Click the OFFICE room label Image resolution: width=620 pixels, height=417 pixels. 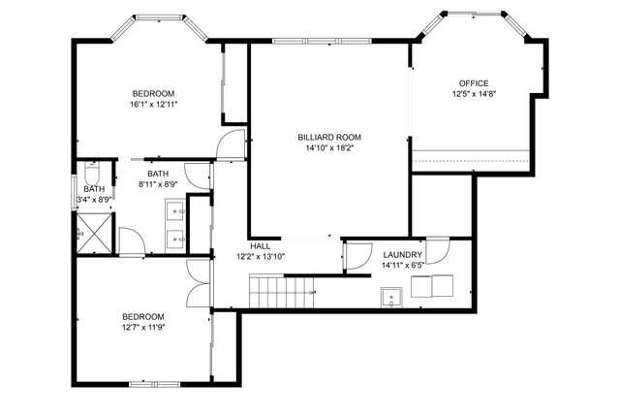[474, 83]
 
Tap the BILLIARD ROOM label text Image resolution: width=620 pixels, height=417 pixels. [329, 138]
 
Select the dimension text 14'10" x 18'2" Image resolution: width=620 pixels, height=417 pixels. [329, 148]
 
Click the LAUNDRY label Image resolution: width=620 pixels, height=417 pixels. [403, 255]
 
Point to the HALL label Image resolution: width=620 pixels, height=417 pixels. [261, 246]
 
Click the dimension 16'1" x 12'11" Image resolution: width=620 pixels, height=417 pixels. [153, 105]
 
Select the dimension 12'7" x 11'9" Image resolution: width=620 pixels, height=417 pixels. [143, 328]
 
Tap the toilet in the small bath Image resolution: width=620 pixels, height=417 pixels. [92, 173]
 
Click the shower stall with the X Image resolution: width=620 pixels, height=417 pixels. [94, 233]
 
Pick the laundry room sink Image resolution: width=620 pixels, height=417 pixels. [391, 298]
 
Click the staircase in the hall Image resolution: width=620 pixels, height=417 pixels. [281, 291]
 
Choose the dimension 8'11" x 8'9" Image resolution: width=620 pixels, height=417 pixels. [158, 184]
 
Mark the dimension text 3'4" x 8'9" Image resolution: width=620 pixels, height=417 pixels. [94, 200]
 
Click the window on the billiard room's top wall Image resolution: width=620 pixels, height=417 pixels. [322, 41]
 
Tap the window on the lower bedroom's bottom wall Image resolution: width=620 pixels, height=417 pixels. [155, 384]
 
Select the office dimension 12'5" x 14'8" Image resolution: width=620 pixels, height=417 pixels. [474, 94]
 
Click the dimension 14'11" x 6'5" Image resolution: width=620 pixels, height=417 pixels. [403, 266]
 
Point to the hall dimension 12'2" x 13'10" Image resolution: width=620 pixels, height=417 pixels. [261, 257]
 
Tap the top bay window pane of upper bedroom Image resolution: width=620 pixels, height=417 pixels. [159, 17]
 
